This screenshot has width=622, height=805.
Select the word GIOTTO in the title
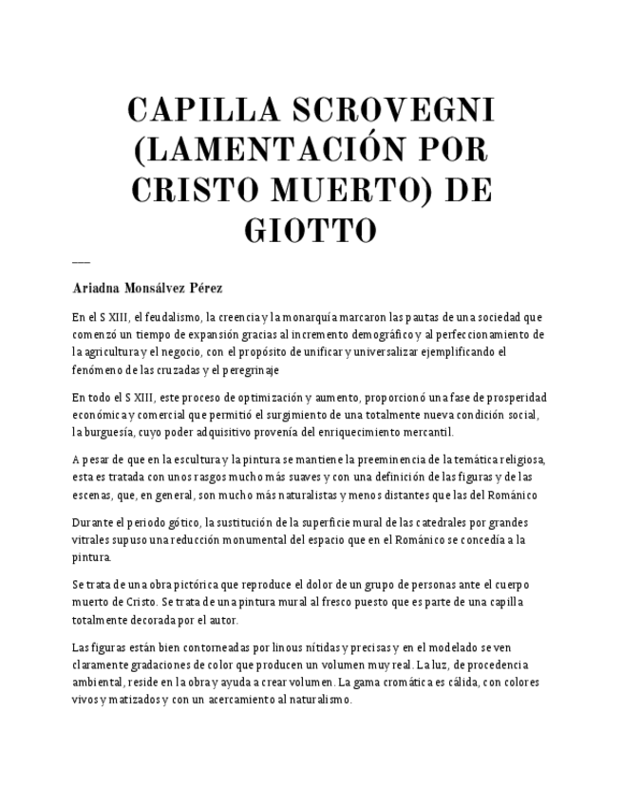coord(311,231)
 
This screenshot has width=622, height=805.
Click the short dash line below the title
coord(81,261)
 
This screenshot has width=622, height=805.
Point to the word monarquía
coord(295,317)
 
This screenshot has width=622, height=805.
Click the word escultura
coord(191,461)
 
